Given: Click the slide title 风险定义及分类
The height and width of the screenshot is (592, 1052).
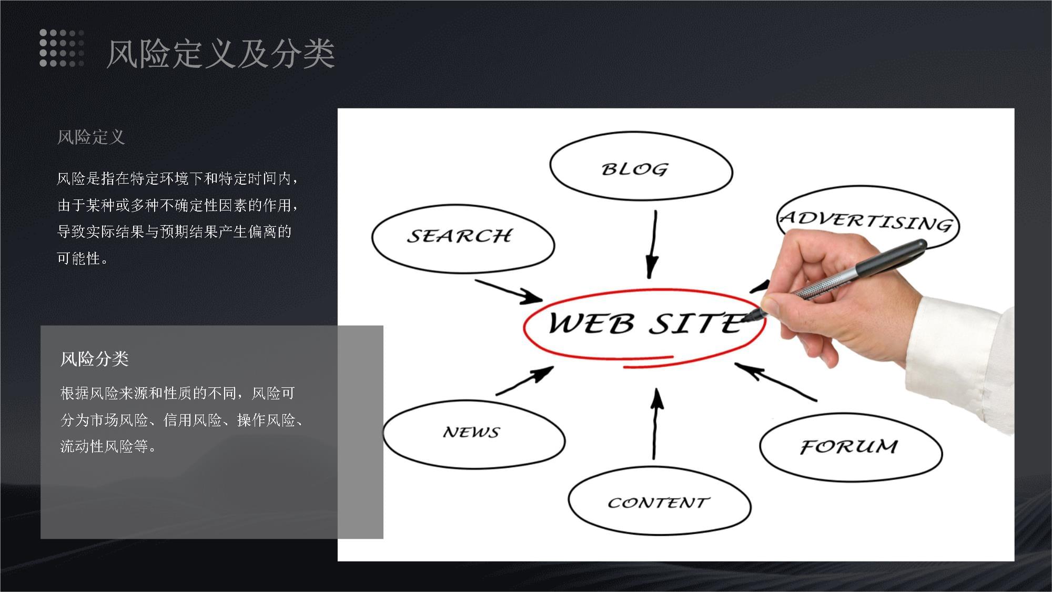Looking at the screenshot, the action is click(x=220, y=54).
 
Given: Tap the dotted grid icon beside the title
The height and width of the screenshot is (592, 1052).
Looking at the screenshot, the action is click(x=62, y=48).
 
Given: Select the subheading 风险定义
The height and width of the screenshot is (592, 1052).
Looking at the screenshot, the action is click(x=90, y=137).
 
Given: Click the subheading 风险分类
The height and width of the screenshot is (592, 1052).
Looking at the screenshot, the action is click(x=94, y=359).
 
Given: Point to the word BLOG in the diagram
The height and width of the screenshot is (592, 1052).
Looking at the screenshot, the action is click(x=635, y=169).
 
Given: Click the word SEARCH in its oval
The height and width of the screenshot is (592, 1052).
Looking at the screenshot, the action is click(x=459, y=236).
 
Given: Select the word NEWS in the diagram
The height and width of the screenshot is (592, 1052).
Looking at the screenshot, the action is click(x=471, y=432).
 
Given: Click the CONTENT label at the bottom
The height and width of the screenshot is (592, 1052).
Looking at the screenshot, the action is click(x=659, y=503).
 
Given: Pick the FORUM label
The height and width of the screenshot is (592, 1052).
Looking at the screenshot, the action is click(x=849, y=447).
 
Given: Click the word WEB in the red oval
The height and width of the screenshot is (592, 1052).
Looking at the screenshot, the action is click(x=591, y=323).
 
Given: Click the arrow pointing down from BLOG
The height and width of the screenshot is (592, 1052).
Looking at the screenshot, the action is click(x=653, y=244).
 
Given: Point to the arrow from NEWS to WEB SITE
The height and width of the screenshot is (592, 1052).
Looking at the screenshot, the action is click(x=524, y=380).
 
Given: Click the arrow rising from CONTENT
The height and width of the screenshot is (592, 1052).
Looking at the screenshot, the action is click(x=655, y=424).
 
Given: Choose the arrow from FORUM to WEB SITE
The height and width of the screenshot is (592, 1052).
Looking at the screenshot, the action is click(x=776, y=382).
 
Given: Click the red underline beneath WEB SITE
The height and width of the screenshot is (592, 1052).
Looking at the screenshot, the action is click(x=648, y=362).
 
